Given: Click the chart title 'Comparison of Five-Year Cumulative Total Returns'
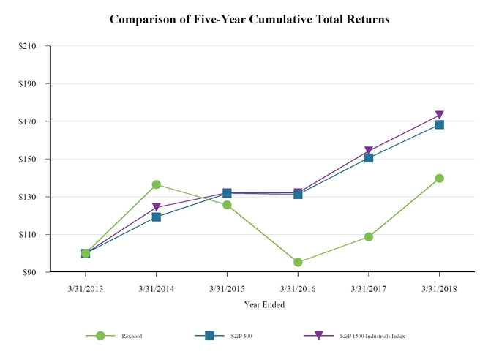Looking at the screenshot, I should pyautogui.click(x=249, y=20).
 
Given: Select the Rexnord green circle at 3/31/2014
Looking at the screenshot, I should pyautogui.click(x=157, y=184).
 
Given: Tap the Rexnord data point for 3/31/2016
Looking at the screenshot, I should pyautogui.click(x=298, y=262).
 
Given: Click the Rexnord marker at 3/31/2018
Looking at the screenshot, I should pyautogui.click(x=439, y=178).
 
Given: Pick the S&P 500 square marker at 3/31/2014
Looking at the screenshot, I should pyautogui.click(x=157, y=217).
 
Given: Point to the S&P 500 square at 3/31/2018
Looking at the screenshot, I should pyautogui.click(x=439, y=124).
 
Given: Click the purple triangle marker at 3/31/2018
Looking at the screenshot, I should pyautogui.click(x=439, y=115).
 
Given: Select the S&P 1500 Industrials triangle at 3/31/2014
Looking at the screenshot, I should pyautogui.click(x=157, y=207).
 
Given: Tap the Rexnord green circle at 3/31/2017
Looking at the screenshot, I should pyautogui.click(x=369, y=236).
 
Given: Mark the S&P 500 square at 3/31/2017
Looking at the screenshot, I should pyautogui.click(x=369, y=158).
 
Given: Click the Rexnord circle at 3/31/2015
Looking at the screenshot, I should pyautogui.click(x=227, y=205).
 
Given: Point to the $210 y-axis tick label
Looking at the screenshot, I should pyautogui.click(x=29, y=46).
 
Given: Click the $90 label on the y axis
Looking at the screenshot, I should pyautogui.click(x=31, y=272).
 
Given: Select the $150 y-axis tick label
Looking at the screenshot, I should pyautogui.click(x=29, y=159).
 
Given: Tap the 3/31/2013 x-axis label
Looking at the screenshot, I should pyautogui.click(x=86, y=288).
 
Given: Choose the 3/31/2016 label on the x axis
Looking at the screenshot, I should pyautogui.click(x=298, y=288).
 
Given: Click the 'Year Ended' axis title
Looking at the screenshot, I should pyautogui.click(x=264, y=304).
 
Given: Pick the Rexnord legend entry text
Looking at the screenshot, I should pyautogui.click(x=132, y=336).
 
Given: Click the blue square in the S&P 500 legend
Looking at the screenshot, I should pyautogui.click(x=209, y=335).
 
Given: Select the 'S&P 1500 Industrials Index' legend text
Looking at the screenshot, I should pyautogui.click(x=372, y=336).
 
